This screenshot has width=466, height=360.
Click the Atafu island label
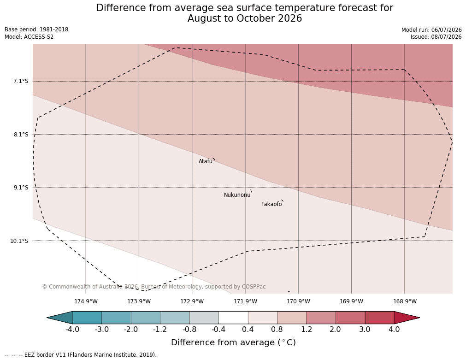tap(206, 161)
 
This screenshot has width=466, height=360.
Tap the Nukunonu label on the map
tap(237, 195)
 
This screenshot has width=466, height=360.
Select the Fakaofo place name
tap(271, 204)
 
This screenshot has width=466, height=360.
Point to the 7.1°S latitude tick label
tap(21, 81)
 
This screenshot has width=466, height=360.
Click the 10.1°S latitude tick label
tap(19, 241)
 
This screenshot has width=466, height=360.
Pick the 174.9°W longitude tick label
tap(86, 301)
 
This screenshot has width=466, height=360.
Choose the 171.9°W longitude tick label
tap(245, 301)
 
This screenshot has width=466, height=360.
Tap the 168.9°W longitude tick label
tap(405, 301)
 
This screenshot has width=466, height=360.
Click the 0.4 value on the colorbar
tap(248, 330)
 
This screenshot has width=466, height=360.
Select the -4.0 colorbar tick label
tap(72, 330)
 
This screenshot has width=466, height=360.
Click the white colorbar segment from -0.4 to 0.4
tap(233, 318)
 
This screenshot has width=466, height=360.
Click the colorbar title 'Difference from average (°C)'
tap(233, 342)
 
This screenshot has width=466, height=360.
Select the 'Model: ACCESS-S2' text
tap(29, 37)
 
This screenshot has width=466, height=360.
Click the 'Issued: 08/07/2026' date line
tap(436, 37)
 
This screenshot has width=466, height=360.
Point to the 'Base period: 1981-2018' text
tap(36, 30)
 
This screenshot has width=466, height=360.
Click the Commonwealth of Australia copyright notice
tap(154, 287)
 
